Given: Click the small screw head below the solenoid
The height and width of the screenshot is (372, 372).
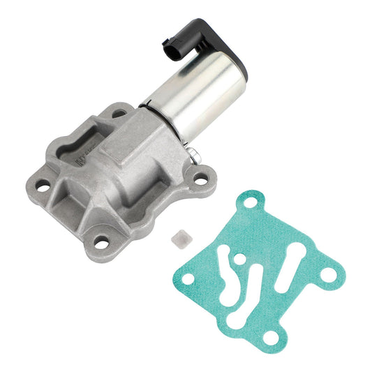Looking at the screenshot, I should point(191,144).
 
